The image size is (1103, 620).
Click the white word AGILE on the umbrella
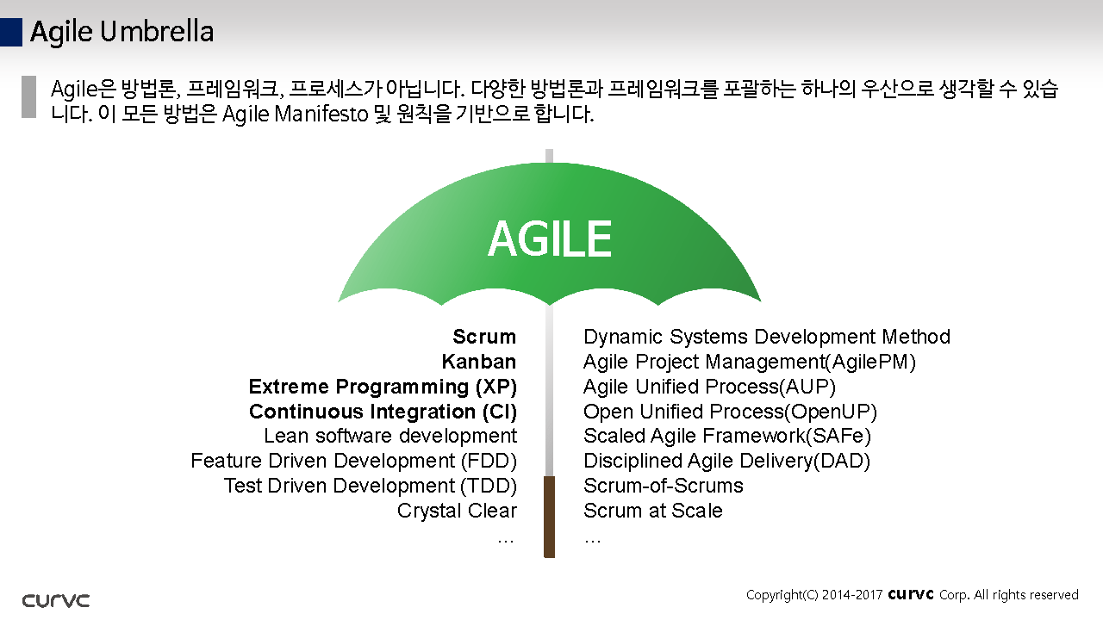550,239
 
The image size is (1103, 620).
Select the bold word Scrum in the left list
484,337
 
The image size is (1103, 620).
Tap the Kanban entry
479,362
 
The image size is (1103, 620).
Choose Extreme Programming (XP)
383,387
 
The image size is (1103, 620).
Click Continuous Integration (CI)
383,412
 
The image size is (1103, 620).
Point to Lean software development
390,436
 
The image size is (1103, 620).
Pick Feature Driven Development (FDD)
354,461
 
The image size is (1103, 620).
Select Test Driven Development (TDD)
371,487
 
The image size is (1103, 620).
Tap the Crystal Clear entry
457,511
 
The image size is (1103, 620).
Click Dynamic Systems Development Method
767,337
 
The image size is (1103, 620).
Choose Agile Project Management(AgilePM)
750,363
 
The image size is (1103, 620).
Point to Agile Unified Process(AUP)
709,387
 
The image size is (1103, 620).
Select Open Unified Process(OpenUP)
730,412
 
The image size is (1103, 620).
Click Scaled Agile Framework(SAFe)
727,436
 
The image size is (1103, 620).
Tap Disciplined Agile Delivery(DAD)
726,461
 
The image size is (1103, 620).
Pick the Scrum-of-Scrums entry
664,487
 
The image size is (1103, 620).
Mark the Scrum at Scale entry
653,511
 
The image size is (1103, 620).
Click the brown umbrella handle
549,517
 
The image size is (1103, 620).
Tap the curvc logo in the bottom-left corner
56,600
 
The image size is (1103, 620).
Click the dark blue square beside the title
11,33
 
